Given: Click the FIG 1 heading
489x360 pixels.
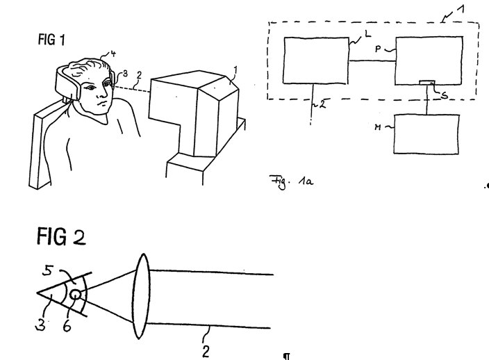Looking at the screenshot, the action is (51, 40).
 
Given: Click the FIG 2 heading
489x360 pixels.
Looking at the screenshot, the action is (61, 236).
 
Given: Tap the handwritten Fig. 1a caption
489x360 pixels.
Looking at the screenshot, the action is (291, 182).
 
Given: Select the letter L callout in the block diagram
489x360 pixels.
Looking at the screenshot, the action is (368, 33).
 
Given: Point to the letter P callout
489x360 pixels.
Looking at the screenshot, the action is (378, 49).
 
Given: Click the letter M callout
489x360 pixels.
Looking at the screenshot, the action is (378, 127).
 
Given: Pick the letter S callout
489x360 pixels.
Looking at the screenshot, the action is (445, 95).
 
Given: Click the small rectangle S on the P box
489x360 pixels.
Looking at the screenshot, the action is (427, 83).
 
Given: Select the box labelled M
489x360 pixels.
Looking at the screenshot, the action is (426, 134).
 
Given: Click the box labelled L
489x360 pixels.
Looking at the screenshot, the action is (316, 60).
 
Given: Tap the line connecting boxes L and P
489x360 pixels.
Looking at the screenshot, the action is (372, 61).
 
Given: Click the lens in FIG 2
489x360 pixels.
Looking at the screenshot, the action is (142, 296).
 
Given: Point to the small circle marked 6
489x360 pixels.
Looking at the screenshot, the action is (76, 295).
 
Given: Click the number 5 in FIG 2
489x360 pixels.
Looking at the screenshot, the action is (48, 270).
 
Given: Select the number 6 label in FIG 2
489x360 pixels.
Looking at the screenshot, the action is (67, 326).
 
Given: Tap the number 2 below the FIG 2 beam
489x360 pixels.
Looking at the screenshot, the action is (206, 351).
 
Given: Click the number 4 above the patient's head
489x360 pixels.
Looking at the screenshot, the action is (113, 54).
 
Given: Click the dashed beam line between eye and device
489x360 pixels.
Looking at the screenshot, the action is (132, 88).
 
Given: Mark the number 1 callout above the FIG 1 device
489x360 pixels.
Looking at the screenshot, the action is (235, 70).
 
